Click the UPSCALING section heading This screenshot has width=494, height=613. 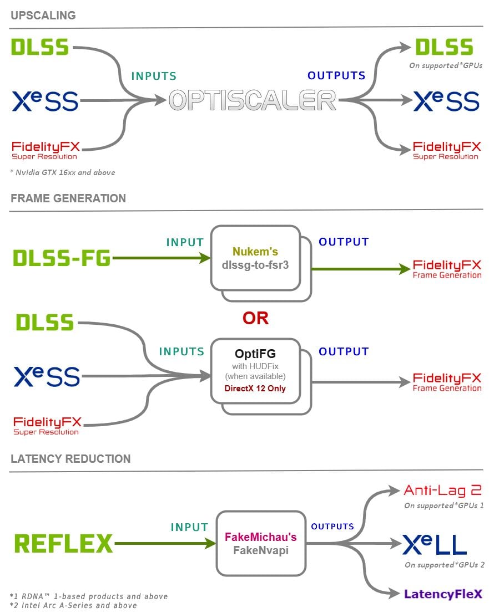point(43,16)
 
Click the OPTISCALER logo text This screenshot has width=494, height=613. point(253,100)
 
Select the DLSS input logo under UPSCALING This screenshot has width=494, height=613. point(40,47)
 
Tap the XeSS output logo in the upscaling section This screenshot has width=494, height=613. point(446,101)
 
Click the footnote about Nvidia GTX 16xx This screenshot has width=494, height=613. point(63,172)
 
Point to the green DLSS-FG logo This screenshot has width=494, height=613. point(61,258)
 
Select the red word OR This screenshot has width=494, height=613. point(255,318)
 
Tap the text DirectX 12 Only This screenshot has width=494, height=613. point(255,389)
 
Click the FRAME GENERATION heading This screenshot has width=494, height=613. point(68,198)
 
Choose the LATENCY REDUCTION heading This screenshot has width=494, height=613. point(70,459)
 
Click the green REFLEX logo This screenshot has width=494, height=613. point(63,544)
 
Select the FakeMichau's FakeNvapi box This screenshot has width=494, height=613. point(260,544)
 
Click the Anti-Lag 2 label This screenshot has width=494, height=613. point(442,490)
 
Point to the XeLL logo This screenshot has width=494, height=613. point(434,545)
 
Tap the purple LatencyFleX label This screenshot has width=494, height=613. point(443,594)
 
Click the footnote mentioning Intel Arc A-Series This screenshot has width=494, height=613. point(73,605)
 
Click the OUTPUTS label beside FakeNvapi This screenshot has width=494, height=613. point(332,527)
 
